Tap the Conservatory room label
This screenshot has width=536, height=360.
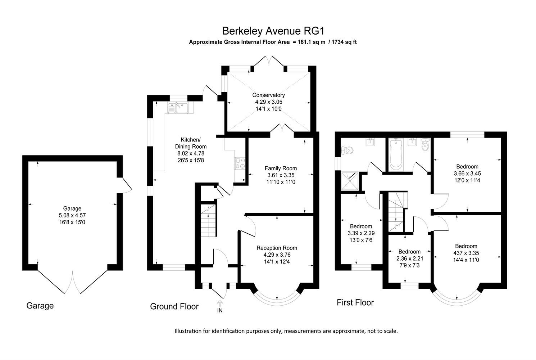pyautogui.click(x=268, y=95)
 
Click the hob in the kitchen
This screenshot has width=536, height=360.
pyautogui.click(x=240, y=163)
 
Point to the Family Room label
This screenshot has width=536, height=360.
pyautogui.click(x=281, y=168)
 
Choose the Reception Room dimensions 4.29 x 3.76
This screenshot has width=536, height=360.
pyautogui.click(x=277, y=255)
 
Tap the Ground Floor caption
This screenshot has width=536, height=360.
pyautogui.click(x=174, y=306)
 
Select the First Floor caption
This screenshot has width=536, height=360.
pyautogui.click(x=355, y=302)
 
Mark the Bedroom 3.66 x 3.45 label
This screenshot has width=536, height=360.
pyautogui.click(x=467, y=166)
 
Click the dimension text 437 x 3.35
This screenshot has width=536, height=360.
pyautogui.click(x=467, y=253)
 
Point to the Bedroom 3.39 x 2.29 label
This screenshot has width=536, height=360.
pyautogui.click(x=361, y=226)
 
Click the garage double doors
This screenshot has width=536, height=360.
pyautogui.click(x=73, y=282)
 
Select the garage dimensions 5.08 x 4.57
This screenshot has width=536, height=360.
pyautogui.click(x=72, y=215)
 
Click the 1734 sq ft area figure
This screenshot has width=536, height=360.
pyautogui.click(x=344, y=42)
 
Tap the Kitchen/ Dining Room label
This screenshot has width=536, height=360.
pyautogui.click(x=191, y=143)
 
